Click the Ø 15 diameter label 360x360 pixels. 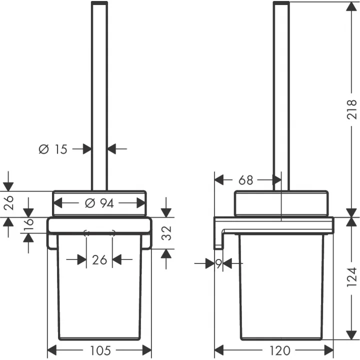pos(53,149)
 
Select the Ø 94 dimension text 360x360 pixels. pos(99,203)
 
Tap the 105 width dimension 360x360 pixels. pos(100,350)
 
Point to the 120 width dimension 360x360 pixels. pos(280,350)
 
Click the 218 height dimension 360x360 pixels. pos(351,109)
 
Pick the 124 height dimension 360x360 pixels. pos(351,277)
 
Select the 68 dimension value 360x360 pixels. pos(245,180)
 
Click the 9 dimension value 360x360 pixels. pos(219,264)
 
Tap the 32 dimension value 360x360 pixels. pos(166,233)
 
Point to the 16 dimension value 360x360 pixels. pos(29,224)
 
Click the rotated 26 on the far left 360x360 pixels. pos(8,203)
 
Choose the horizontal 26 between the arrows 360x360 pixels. pos(99,260)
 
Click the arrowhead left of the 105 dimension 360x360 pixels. pos(52,350)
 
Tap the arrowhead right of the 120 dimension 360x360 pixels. pos(329,350)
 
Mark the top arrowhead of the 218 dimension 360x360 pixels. pos(351,6)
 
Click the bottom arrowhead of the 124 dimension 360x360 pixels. pos(351,335)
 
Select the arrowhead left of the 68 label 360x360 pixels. pos(219,180)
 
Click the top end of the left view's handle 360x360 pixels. pos(99,3)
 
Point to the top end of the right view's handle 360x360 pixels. pos(281,3)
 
